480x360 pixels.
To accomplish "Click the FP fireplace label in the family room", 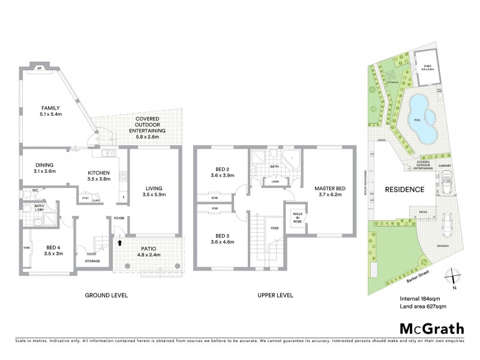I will coord(40,69).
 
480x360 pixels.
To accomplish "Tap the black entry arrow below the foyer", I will coord(119,243).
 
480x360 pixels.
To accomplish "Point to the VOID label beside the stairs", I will coord(274,227).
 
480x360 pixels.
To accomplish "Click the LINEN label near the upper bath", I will coord(275,181).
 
